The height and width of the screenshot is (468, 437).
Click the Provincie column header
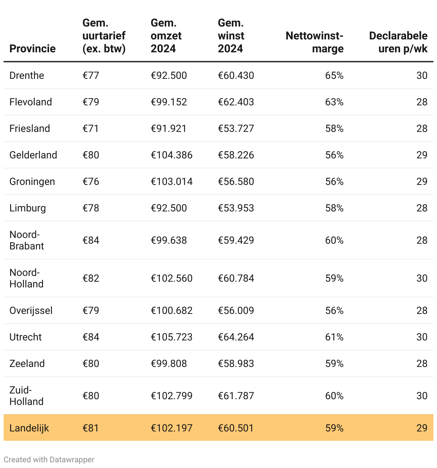33,48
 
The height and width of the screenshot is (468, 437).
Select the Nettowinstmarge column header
314,42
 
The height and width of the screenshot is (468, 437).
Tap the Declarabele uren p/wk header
398,42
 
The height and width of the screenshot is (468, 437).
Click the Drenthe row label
27,75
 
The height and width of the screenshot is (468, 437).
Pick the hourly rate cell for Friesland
91,128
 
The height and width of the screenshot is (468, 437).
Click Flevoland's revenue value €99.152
169,102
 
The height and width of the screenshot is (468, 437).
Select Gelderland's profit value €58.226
236,155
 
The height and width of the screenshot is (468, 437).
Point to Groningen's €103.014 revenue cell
172,181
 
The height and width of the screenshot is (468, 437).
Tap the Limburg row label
28,208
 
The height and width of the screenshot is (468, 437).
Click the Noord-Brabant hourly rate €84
91,240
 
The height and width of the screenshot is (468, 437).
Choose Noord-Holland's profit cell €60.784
236,278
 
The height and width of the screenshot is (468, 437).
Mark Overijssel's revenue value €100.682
172,310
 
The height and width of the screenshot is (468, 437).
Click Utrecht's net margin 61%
334,337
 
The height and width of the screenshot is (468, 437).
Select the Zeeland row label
27,363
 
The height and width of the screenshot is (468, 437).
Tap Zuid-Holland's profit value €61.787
236,396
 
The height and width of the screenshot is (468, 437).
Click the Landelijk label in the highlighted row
29,428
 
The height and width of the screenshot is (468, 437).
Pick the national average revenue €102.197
172,428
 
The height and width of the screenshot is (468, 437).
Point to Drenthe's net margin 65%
334,75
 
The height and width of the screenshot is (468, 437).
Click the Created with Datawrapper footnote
49,459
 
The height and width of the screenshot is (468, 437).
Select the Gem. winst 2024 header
231,35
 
